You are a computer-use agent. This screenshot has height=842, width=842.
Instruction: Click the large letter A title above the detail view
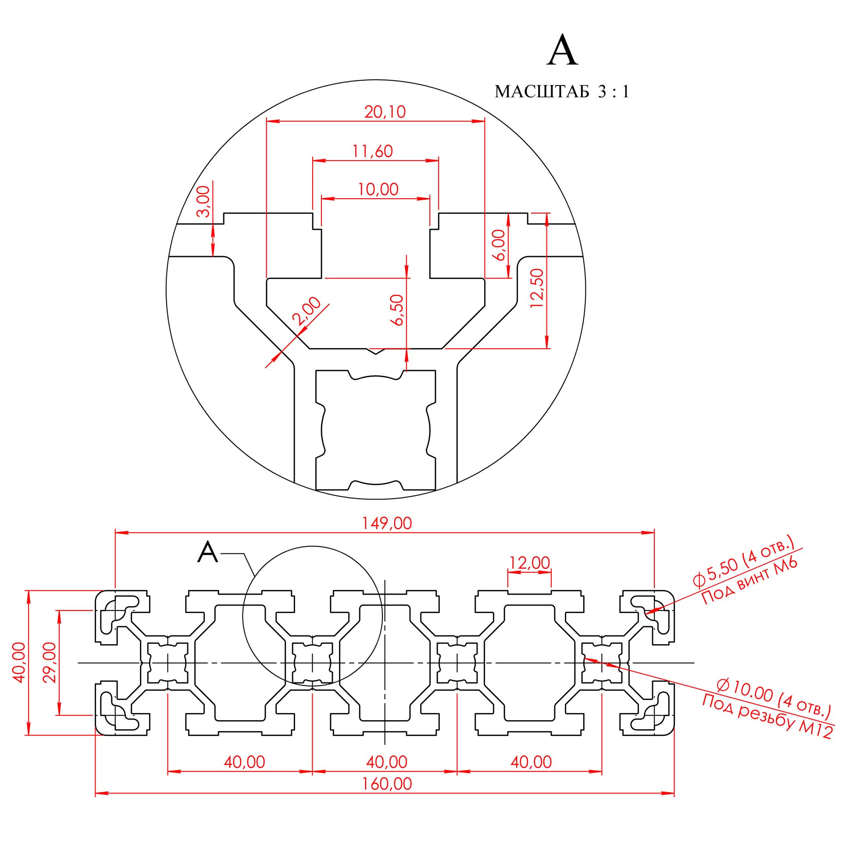point(563,50)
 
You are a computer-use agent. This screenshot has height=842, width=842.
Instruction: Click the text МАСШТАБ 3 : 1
point(562,92)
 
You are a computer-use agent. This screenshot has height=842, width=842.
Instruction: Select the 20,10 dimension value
point(385,112)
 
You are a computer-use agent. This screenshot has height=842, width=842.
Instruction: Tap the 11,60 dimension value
point(372,151)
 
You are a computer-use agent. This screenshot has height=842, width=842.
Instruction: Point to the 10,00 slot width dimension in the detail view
point(378,189)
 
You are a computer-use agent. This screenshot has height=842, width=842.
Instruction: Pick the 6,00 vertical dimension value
point(499,245)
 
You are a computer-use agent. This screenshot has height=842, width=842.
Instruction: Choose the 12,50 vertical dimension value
point(537,288)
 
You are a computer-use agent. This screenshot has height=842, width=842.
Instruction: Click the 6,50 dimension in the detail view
point(397,310)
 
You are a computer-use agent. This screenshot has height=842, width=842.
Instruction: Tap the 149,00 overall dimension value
point(387,524)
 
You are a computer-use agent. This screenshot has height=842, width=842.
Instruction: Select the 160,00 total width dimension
point(387,784)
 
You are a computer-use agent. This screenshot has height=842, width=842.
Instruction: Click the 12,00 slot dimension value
point(530,563)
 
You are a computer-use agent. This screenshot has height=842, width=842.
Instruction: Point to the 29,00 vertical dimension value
point(50,663)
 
